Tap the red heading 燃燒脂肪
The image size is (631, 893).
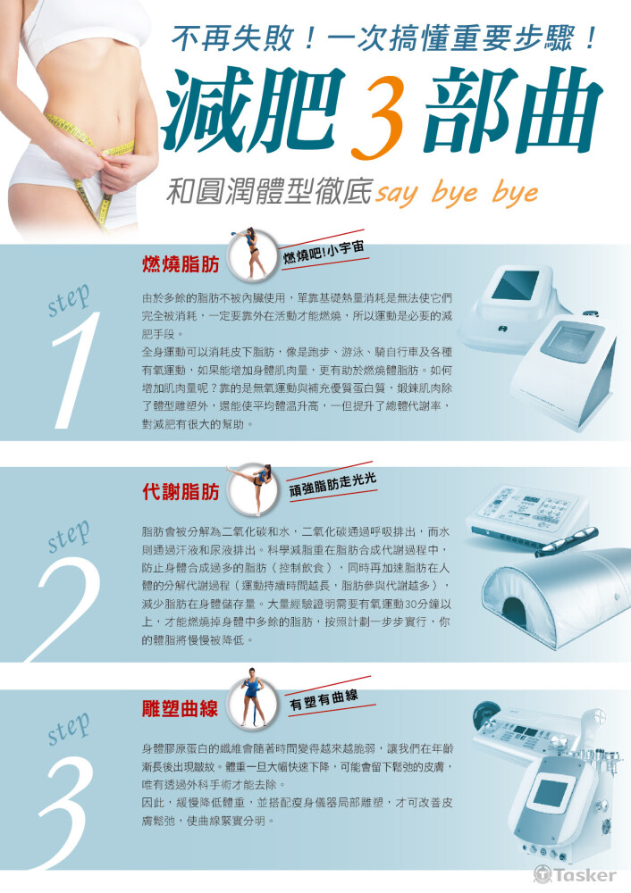point(181,264)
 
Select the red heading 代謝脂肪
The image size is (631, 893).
point(181,492)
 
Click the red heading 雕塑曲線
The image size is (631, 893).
point(181,708)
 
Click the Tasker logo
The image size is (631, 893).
point(575,874)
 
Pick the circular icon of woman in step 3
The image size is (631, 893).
point(251,700)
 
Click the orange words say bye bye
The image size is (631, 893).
point(457,193)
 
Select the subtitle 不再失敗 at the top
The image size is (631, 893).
point(232,38)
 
